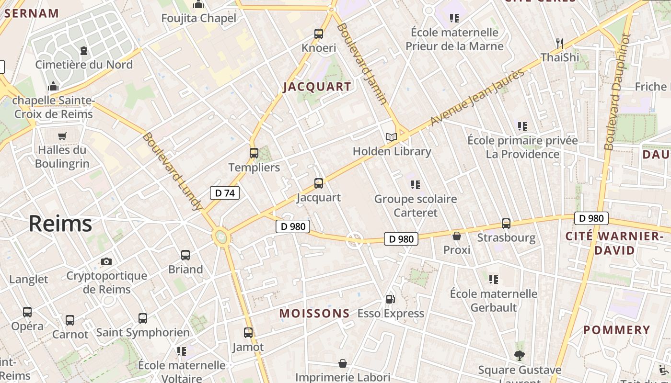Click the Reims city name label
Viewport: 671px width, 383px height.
(x=60, y=224)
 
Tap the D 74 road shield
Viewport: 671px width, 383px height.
(x=224, y=193)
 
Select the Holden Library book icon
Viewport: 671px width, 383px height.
(x=392, y=137)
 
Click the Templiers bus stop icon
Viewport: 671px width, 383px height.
(x=254, y=153)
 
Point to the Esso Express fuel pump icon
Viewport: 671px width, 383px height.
(x=391, y=299)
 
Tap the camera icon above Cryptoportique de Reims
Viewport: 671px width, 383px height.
(x=106, y=261)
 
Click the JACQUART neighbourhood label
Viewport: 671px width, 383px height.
(x=317, y=87)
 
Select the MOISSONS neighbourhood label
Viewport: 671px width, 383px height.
(x=314, y=314)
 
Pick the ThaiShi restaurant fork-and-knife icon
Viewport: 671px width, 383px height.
(x=559, y=43)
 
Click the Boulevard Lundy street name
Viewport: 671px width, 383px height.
(x=172, y=171)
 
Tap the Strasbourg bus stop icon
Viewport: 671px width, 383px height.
(x=506, y=223)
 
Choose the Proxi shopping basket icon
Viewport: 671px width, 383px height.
(x=457, y=236)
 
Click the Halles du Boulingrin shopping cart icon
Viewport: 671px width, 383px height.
(x=62, y=136)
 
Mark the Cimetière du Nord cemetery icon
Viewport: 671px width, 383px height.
(x=84, y=50)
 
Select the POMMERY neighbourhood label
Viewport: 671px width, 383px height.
(x=616, y=330)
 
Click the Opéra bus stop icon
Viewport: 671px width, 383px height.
(x=27, y=312)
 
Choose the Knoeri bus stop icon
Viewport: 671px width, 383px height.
(x=319, y=34)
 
